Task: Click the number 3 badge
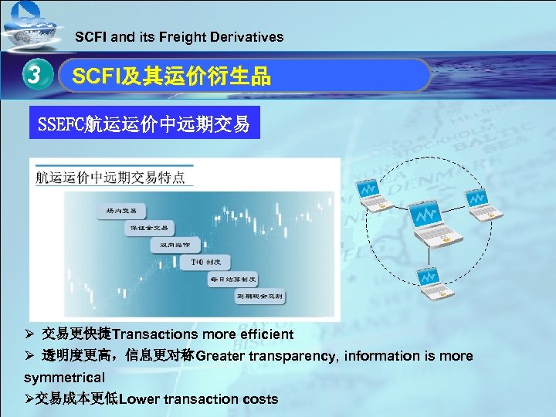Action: pyautogui.click(x=32, y=75)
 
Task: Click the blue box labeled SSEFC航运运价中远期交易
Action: pyautogui.click(x=144, y=124)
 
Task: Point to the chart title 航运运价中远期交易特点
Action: pyautogui.click(x=111, y=178)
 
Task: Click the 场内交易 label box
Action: pyautogui.click(x=122, y=210)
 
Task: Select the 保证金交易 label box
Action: pyautogui.click(x=149, y=228)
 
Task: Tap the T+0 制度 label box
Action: pyautogui.click(x=205, y=262)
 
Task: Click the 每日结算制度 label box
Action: pyautogui.click(x=232, y=279)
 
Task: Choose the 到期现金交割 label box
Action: pyautogui.click(x=259, y=297)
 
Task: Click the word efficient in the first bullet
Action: pyautogui.click(x=267, y=335)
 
